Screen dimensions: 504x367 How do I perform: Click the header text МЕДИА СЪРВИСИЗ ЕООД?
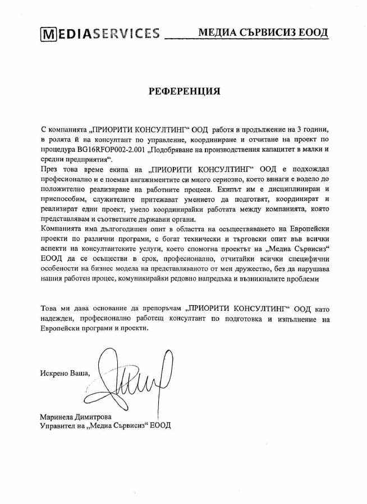(263, 32)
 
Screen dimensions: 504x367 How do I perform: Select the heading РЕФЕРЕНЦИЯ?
(184, 91)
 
